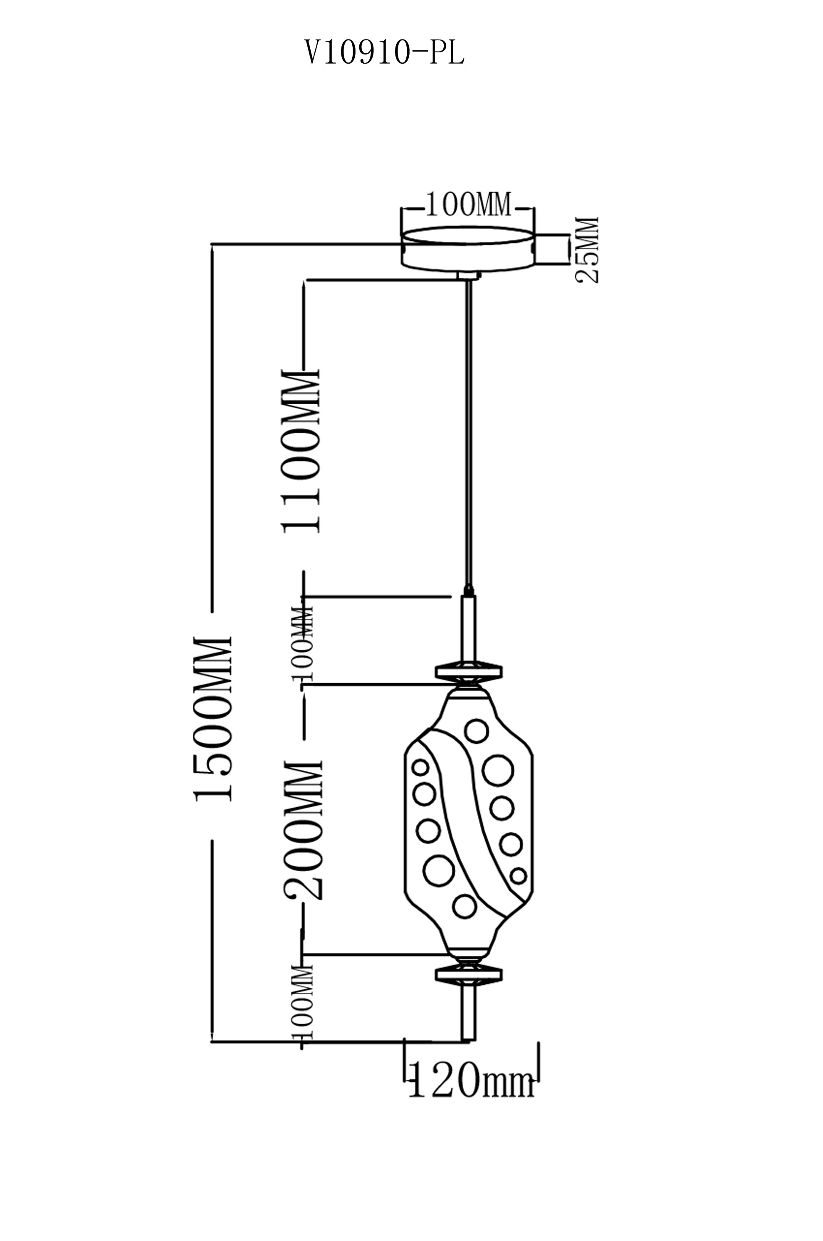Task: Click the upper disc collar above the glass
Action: pos(468,670)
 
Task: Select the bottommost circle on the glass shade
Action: pos(465,906)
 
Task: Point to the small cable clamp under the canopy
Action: pos(468,277)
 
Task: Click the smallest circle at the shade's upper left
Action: pos(420,767)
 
